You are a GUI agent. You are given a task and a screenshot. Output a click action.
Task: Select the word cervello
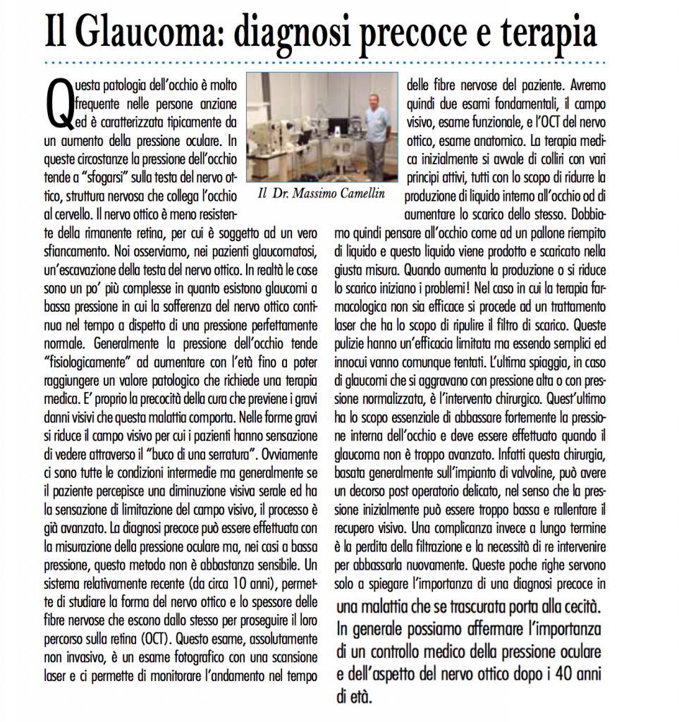click(73, 211)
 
